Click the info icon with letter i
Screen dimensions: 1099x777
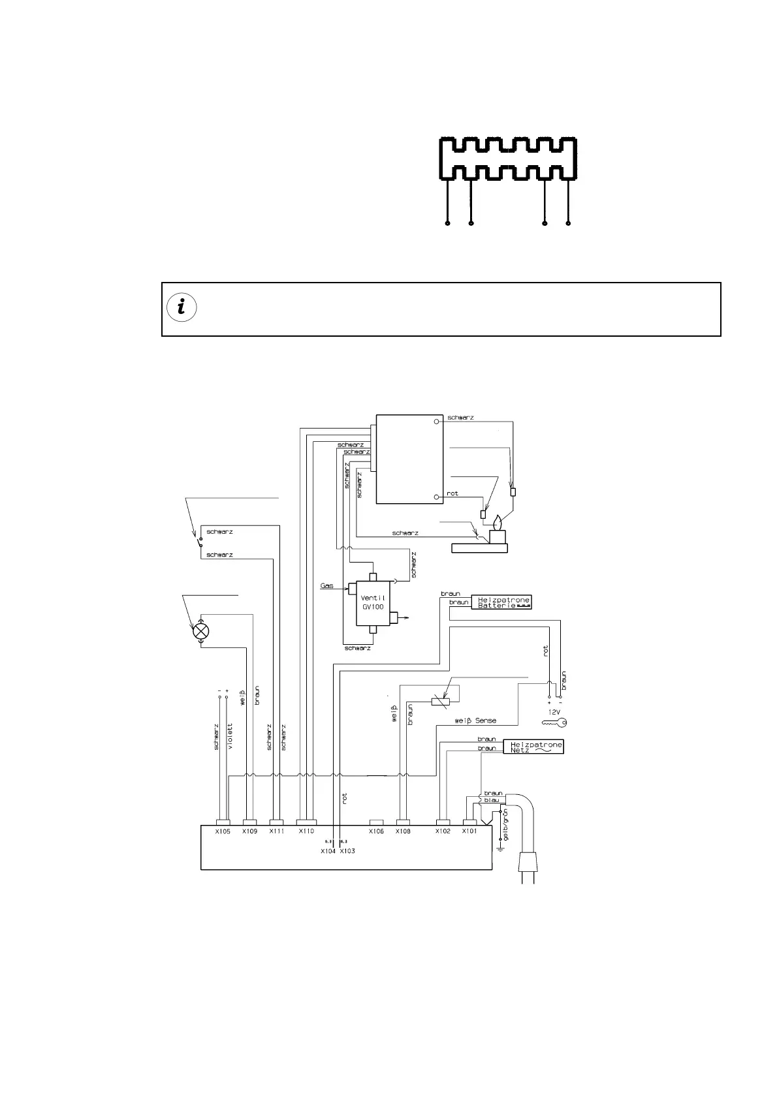pyautogui.click(x=182, y=307)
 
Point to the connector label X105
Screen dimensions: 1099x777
pyautogui.click(x=223, y=832)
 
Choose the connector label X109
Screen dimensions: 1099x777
pyautogui.click(x=249, y=832)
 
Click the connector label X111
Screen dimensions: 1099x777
pyautogui.click(x=277, y=832)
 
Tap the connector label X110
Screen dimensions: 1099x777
pyautogui.click(x=306, y=832)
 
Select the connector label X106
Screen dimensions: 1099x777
pyautogui.click(x=376, y=832)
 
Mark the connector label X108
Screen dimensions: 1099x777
pyautogui.click(x=403, y=832)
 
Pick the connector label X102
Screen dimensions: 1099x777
pyautogui.click(x=443, y=832)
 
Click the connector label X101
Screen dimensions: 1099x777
pyautogui.click(x=469, y=832)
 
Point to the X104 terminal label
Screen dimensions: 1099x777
pyautogui.click(x=328, y=851)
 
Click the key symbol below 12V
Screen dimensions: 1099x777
pyautogui.click(x=554, y=722)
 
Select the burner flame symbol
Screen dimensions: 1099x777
pyautogui.click(x=499, y=524)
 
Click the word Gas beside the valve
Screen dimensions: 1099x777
pyautogui.click(x=327, y=585)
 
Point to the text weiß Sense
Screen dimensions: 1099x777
pyautogui.click(x=475, y=721)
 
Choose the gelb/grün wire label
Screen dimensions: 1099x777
pyautogui.click(x=507, y=825)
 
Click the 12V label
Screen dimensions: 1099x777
pyautogui.click(x=554, y=712)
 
